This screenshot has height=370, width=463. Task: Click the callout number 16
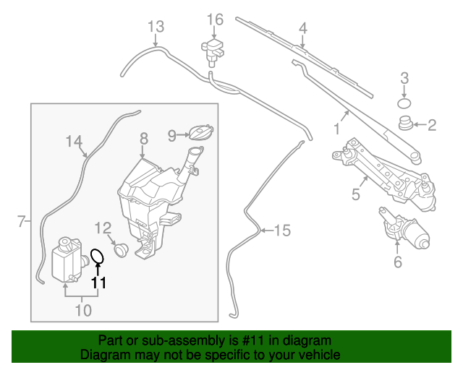pyautogui.click(x=216, y=19)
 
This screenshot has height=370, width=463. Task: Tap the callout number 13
pyautogui.click(x=157, y=27)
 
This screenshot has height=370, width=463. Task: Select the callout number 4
pyautogui.click(x=303, y=29)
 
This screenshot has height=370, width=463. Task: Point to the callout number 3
pyautogui.click(x=405, y=78)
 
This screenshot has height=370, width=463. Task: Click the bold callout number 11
pyautogui.click(x=98, y=283)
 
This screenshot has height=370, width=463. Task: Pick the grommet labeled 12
pyautogui.click(x=120, y=249)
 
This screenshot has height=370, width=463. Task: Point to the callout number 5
pyautogui.click(x=356, y=194)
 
